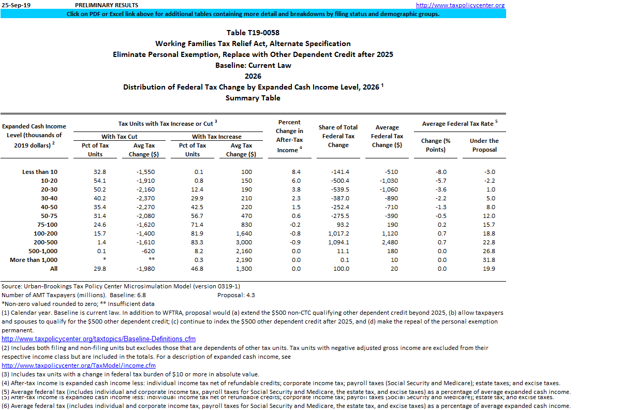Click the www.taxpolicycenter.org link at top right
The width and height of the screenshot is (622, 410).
(x=460, y=5)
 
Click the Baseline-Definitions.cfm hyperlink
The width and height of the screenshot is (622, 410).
(x=98, y=339)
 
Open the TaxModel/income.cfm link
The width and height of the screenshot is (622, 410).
(x=78, y=365)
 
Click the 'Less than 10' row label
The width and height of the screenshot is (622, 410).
(x=40, y=172)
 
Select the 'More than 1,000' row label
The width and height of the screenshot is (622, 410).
(x=34, y=260)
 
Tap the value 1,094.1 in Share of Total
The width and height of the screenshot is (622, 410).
(x=338, y=242)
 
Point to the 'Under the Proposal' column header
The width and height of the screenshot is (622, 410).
(x=484, y=145)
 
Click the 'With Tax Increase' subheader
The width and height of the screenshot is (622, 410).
(x=216, y=137)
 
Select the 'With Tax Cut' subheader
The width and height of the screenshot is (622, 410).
(x=120, y=137)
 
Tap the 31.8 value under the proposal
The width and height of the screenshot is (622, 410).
(x=488, y=260)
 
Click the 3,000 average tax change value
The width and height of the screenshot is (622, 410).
(x=245, y=242)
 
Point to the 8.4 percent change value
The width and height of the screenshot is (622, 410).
(x=296, y=172)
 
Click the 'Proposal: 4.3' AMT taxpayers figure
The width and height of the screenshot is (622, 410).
(x=236, y=295)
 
